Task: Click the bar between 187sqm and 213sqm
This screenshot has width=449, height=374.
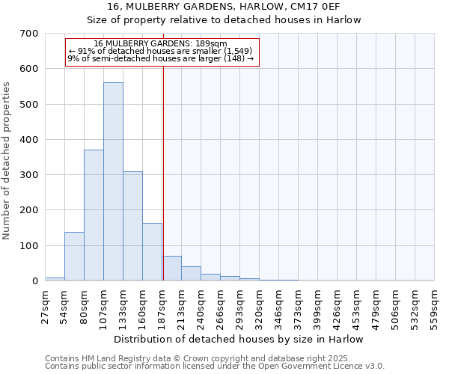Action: coord(171,269)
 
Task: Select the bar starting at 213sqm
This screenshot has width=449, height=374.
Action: coord(191,274)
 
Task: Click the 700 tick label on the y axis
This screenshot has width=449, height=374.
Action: coord(29,34)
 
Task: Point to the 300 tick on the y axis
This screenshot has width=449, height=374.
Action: coord(29,175)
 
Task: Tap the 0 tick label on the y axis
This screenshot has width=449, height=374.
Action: coord(35,281)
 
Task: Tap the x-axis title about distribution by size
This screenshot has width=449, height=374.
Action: coord(239,339)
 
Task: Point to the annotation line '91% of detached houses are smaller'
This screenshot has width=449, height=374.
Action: coord(162,51)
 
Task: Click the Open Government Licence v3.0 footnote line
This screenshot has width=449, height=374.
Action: coord(215,366)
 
